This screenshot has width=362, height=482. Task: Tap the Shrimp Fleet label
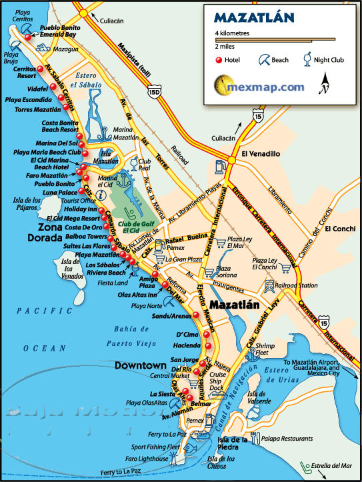[x=265, y=349]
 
